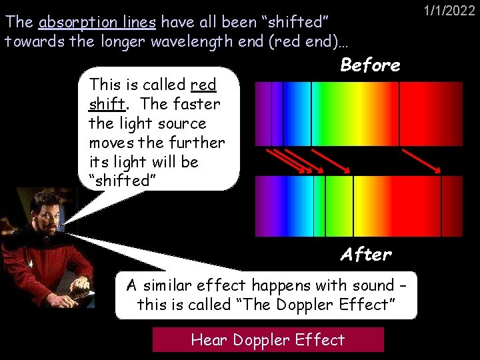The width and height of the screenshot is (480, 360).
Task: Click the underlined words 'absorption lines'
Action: pos(97,22)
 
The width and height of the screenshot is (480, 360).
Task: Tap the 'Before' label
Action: pos(370,65)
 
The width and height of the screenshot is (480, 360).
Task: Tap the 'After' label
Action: pos(366,254)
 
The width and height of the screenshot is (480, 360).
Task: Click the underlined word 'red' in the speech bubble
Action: pos(203,85)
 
